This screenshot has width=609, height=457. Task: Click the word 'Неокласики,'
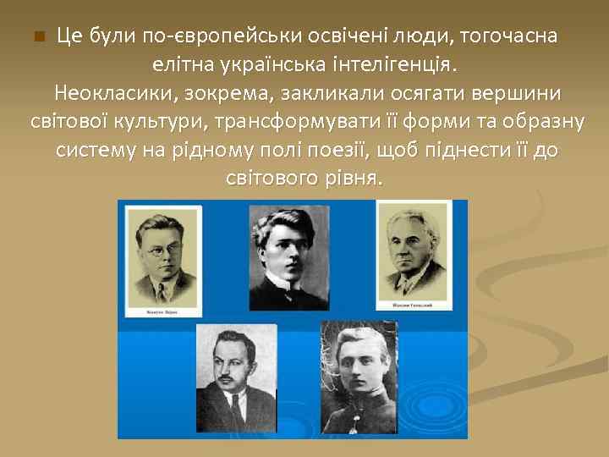click(105, 93)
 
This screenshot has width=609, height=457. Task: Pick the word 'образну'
click(546, 122)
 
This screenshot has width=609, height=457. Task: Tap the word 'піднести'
click(473, 151)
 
